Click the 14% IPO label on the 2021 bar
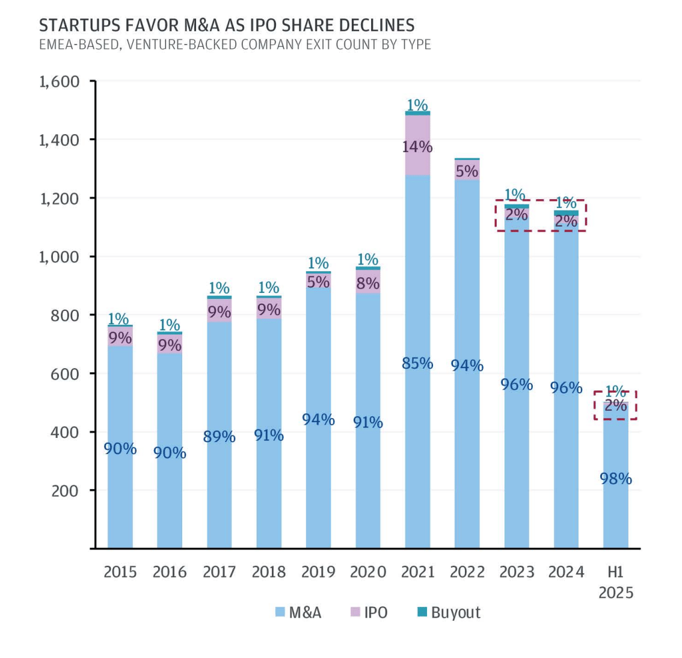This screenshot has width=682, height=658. (x=417, y=147)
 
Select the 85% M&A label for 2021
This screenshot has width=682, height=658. (x=417, y=363)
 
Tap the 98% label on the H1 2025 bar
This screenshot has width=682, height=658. (x=616, y=479)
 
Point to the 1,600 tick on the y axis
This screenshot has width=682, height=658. (x=60, y=81)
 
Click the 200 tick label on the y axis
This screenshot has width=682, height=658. (x=65, y=491)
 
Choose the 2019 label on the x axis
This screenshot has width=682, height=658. (x=318, y=571)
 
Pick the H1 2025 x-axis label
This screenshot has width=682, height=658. (x=616, y=582)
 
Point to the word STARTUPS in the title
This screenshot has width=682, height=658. (x=76, y=25)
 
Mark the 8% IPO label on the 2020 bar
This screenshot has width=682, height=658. (x=367, y=283)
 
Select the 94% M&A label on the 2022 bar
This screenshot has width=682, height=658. (x=467, y=365)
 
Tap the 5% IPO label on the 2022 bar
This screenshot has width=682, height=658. (x=467, y=171)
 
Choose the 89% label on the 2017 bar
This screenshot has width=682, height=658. (x=219, y=437)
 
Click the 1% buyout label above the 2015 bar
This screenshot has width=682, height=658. (x=118, y=319)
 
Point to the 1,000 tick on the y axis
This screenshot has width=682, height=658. (x=60, y=257)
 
